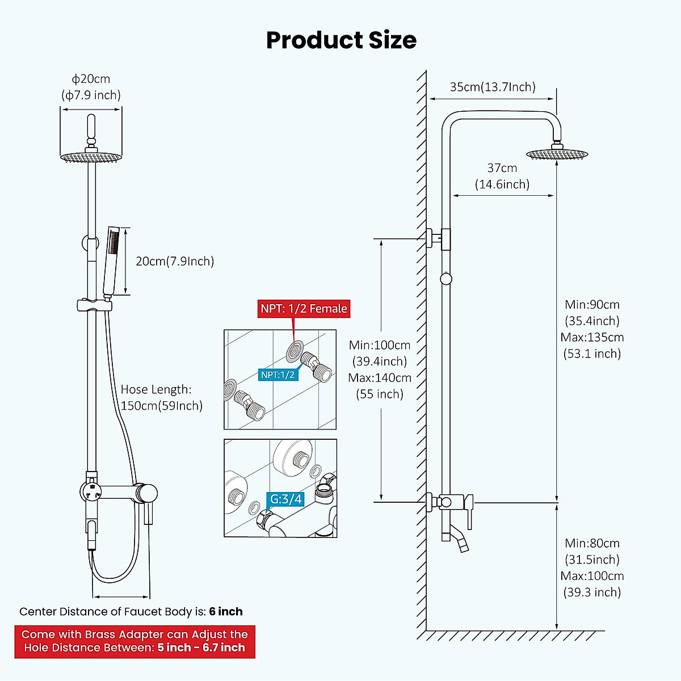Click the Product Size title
click(x=341, y=40)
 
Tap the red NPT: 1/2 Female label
click(x=304, y=309)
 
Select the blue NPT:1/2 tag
click(x=278, y=375)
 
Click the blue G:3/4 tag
click(x=286, y=499)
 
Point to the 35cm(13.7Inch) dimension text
click(x=493, y=87)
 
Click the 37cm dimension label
click(x=502, y=168)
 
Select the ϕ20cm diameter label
click(x=91, y=79)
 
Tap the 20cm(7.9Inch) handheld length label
click(x=175, y=261)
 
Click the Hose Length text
click(x=156, y=389)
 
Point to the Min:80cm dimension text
click(x=592, y=543)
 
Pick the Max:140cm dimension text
click(x=380, y=377)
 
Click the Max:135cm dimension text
click(x=592, y=337)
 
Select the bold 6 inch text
click(x=226, y=611)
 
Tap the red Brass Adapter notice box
click(x=134, y=641)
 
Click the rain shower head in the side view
click(x=558, y=154)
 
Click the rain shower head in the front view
click(x=91, y=157)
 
